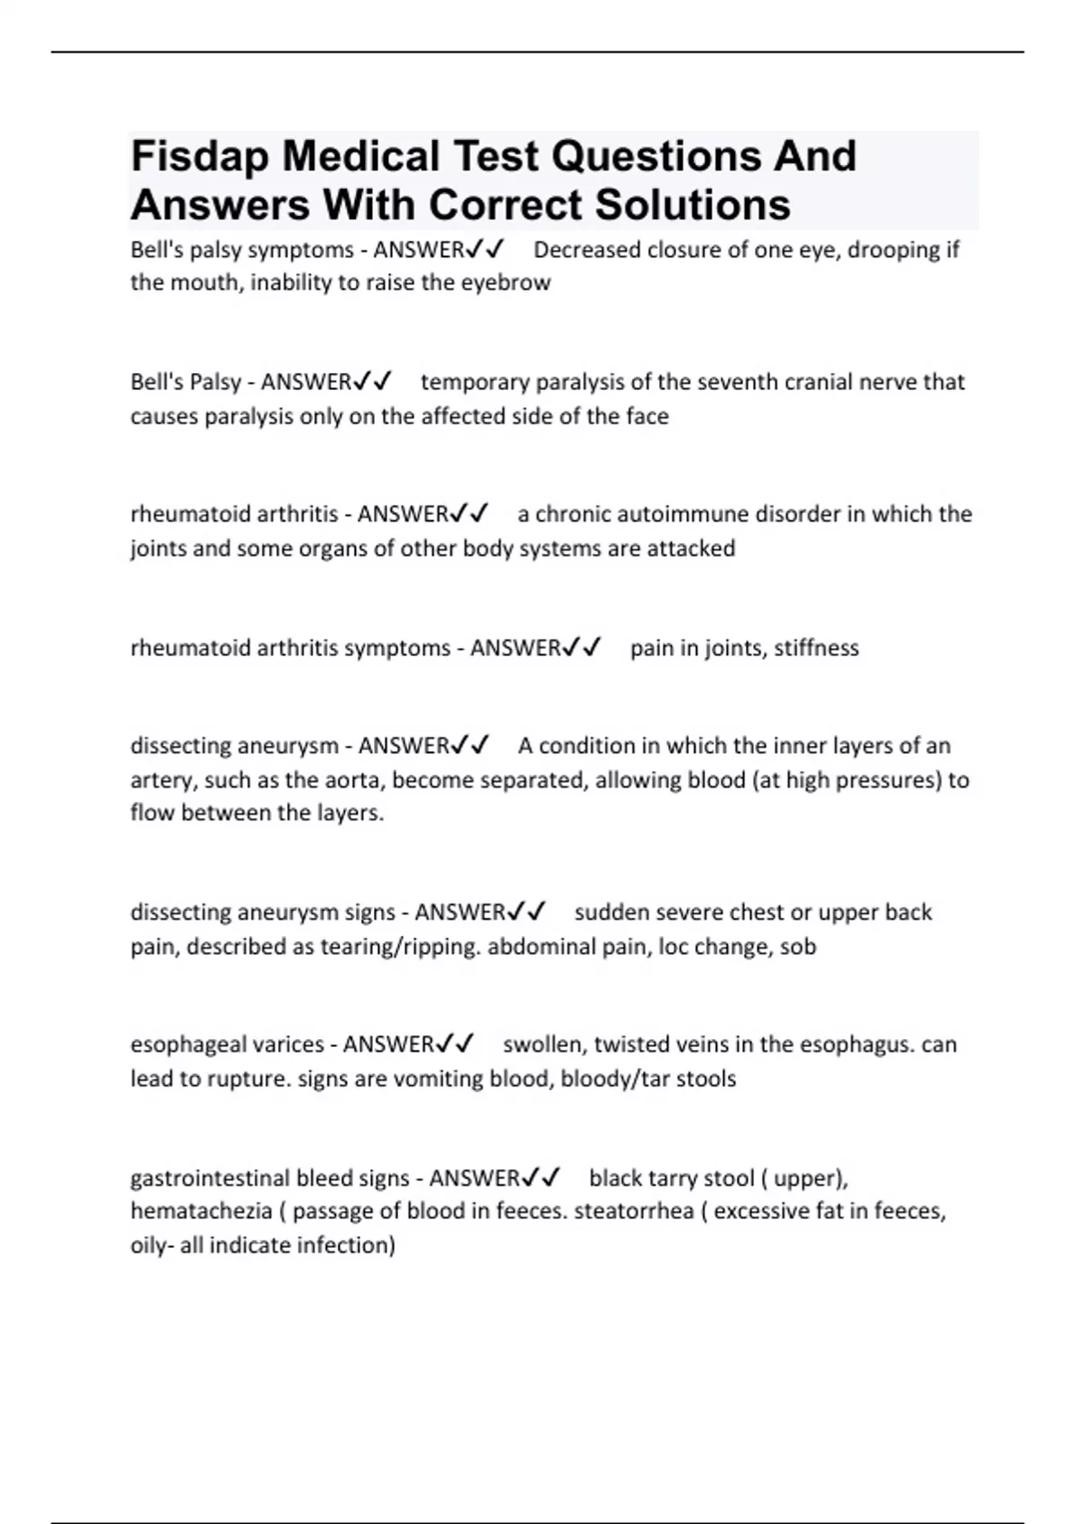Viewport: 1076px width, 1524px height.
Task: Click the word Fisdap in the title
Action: pyautogui.click(x=199, y=157)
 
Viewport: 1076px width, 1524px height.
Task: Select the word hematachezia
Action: pyautogui.click(x=201, y=1212)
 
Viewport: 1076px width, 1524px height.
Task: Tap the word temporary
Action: pyautogui.click(x=474, y=383)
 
